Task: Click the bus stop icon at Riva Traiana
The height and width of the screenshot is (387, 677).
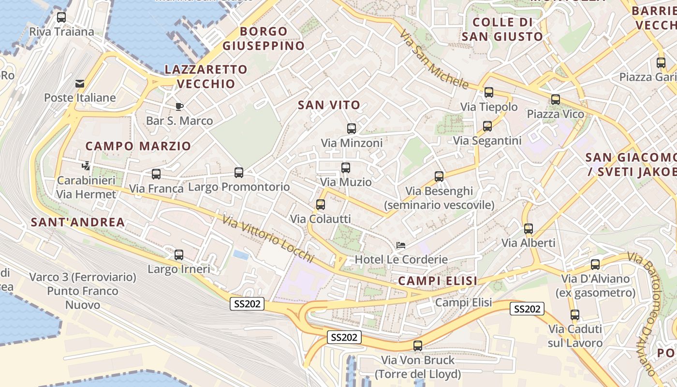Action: [x=61, y=17]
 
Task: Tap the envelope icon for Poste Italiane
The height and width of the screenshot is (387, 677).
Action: [x=80, y=84]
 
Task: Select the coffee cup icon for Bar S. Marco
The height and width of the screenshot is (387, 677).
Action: [x=179, y=106]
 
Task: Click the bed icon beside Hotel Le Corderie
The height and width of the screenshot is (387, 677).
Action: [x=400, y=245]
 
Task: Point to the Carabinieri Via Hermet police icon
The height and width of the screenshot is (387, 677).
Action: [x=86, y=166]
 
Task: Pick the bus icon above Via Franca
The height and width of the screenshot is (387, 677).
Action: [x=156, y=174]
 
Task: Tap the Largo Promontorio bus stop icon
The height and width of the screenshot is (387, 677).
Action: [x=238, y=173]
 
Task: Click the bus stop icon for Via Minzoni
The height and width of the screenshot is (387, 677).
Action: [x=352, y=129]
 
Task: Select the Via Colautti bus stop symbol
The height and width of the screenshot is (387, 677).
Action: [x=320, y=205]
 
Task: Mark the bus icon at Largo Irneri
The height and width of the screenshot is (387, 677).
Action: [x=179, y=255]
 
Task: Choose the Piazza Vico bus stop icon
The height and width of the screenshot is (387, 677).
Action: [x=556, y=100]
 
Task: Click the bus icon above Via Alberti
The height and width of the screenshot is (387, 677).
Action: [x=529, y=229]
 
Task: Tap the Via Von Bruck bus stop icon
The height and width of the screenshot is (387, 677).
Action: [x=418, y=346]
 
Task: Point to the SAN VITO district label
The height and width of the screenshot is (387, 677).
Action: [x=329, y=105]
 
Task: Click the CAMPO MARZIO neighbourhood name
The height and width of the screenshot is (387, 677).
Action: [x=138, y=146]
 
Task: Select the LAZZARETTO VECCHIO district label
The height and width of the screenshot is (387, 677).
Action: [x=206, y=76]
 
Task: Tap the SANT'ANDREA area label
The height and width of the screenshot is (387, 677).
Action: [x=78, y=223]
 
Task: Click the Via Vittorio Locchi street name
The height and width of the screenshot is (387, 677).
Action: [x=268, y=239]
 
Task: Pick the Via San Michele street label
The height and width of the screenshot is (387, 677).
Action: [x=434, y=60]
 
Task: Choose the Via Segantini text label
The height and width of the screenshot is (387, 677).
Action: [x=487, y=141]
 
